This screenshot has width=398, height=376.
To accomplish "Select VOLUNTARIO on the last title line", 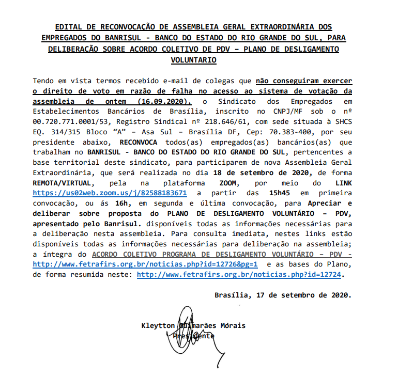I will (193, 60).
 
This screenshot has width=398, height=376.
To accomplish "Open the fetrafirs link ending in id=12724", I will (239, 275).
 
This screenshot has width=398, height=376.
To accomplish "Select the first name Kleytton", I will (158, 326).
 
